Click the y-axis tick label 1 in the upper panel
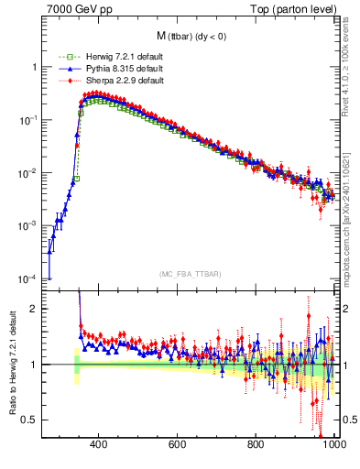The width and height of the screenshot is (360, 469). [34, 67]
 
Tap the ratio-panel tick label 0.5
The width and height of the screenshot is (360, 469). [30, 420]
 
